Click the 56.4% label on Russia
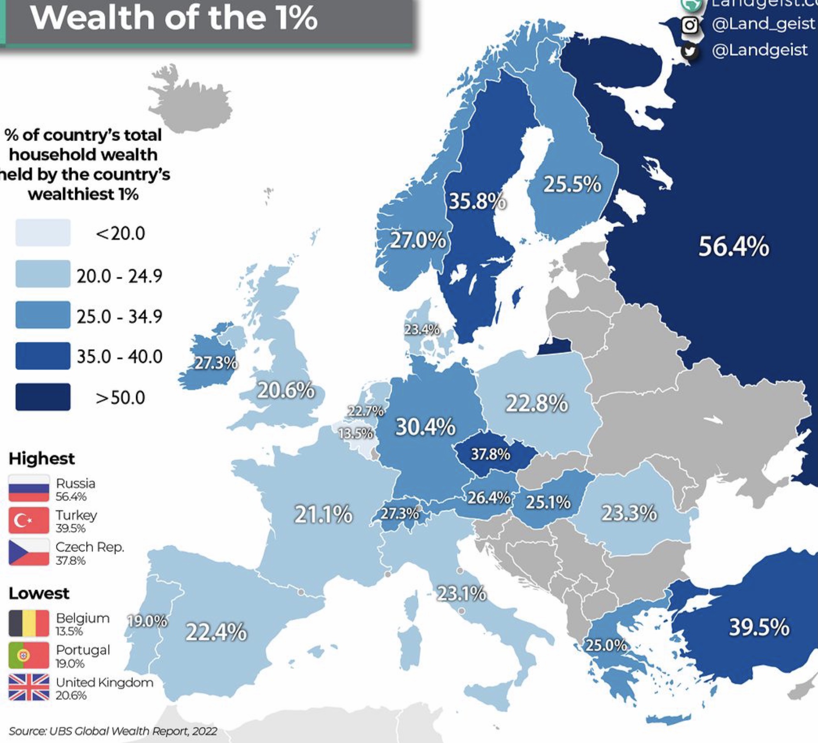point(734,246)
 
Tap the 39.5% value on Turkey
point(759,627)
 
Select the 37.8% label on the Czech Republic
point(490,454)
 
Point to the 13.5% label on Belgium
point(356,433)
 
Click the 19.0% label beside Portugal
point(147,621)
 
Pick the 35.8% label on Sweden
point(477,201)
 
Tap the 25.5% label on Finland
point(572,184)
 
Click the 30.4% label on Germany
point(425,427)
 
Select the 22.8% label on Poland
point(537,403)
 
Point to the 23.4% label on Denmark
point(422,330)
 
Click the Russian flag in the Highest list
point(29,488)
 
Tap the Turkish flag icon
point(29,520)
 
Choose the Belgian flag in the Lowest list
point(29,623)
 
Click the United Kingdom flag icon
point(29,687)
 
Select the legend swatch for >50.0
point(43,397)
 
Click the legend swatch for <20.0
point(43,233)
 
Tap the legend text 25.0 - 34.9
point(119,316)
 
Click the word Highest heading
point(42,458)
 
